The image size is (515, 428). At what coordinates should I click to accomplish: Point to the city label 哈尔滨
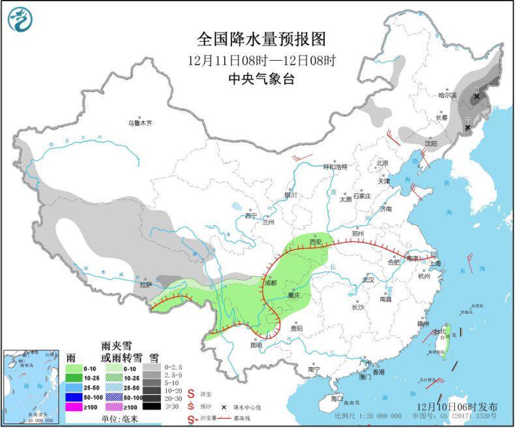pos(449,95)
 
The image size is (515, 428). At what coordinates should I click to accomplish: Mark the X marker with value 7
pos(467,128)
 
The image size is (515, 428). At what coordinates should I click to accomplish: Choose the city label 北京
pos(382,163)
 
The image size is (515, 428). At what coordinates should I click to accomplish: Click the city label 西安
pos(316,241)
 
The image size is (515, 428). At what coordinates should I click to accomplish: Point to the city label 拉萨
pos(145,284)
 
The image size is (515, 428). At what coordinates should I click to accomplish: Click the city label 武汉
pos(368,280)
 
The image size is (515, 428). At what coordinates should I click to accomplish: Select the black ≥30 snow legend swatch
pos(152,406)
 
